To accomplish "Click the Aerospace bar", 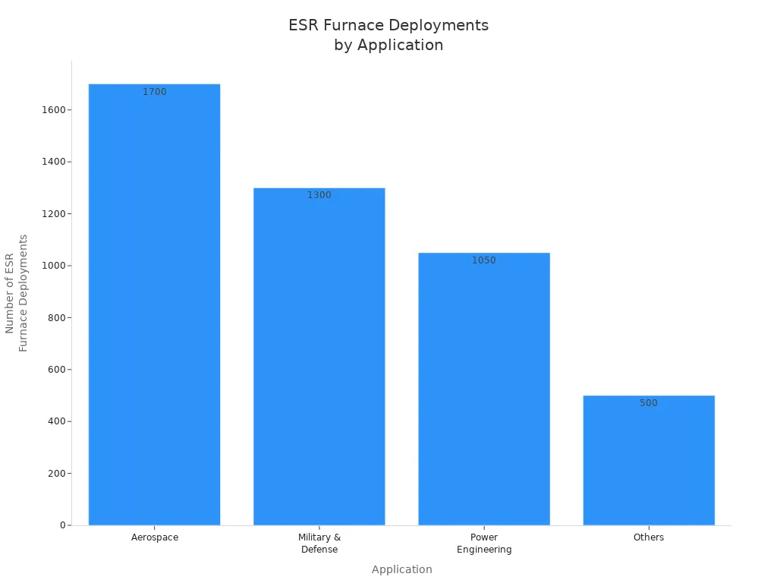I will [x=154, y=304].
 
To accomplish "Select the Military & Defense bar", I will [x=319, y=357].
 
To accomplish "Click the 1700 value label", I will [x=155, y=92].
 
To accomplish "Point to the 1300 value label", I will [x=319, y=195].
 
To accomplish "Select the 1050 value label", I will [x=484, y=260].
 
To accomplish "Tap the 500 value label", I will [x=649, y=403].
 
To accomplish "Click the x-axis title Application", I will [x=402, y=569].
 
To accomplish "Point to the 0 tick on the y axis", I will [x=63, y=525].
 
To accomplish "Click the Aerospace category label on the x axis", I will [x=155, y=537].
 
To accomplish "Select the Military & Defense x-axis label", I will [x=319, y=544].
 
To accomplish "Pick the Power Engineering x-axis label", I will [x=484, y=544].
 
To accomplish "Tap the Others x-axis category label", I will [x=649, y=537].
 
